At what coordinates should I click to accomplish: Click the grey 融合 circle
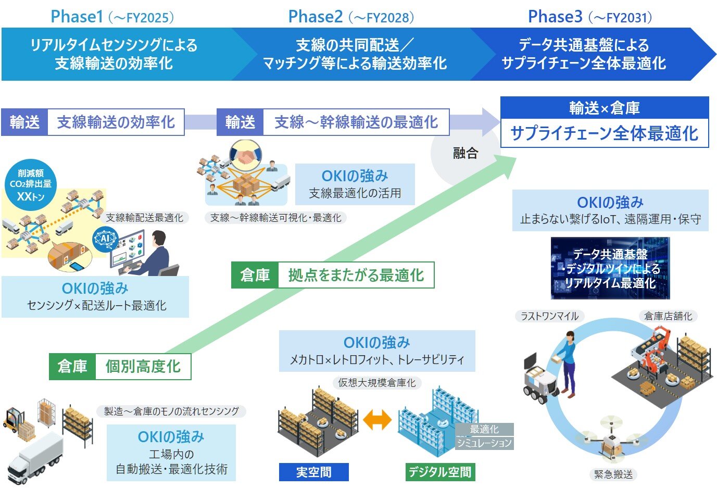pos(464,154)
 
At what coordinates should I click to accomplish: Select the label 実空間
pos(313,472)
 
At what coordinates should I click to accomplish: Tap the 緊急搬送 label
pos(613,474)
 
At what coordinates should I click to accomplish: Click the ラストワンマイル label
pos(550,316)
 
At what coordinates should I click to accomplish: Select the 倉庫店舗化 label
pos(668,316)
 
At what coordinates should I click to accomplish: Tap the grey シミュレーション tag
pos(484,443)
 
